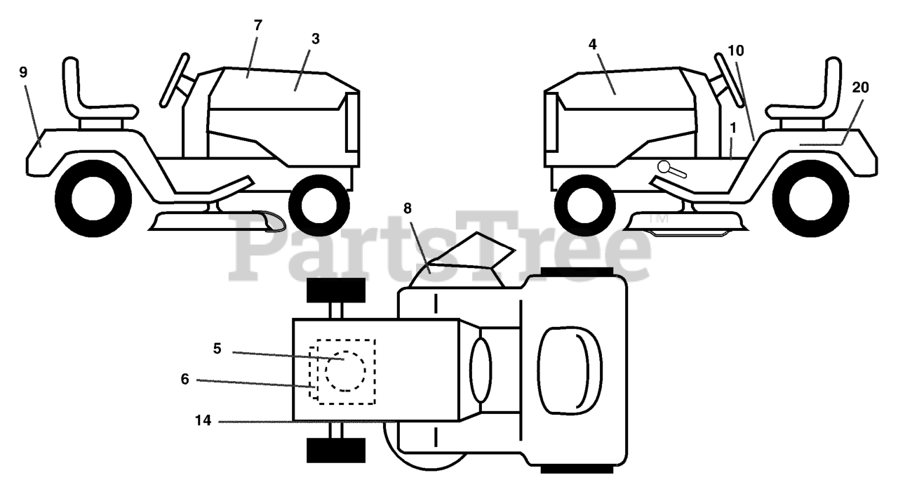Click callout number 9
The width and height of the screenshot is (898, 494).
pos(23,72)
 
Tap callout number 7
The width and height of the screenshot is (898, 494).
pos(257,25)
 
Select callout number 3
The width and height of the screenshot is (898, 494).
pos(315,39)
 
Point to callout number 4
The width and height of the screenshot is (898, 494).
pos(592,44)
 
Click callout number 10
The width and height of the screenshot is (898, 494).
pos(736,51)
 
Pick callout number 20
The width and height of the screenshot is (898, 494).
pos(860,87)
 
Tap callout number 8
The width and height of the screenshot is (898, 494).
pos(408,208)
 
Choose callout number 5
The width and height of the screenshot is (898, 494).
pos(217,349)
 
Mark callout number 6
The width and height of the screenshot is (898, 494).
pos(185,379)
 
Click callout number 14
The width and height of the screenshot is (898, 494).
pos(203,421)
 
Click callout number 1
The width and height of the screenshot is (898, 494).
pos(733,128)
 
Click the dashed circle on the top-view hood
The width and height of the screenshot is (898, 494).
pos(344,371)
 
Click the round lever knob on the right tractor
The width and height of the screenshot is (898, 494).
pos(664,167)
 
